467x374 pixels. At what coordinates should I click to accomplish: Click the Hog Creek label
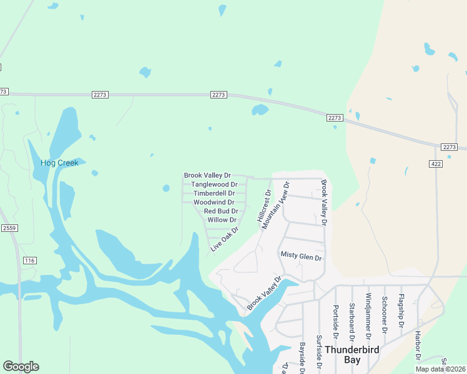pyautogui.click(x=59, y=163)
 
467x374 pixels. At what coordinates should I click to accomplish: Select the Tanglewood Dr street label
pyautogui.click(x=214, y=185)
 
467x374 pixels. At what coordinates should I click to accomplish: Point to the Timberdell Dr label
pyautogui.click(x=214, y=193)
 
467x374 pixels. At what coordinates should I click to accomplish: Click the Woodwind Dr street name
pyautogui.click(x=214, y=202)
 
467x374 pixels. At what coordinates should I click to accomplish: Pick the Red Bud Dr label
pyautogui.click(x=220, y=211)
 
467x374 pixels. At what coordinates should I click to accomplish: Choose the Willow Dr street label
pyautogui.click(x=222, y=220)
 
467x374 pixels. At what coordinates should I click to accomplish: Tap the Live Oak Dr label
pyautogui.click(x=225, y=239)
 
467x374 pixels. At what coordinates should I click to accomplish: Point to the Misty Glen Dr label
pyautogui.click(x=301, y=256)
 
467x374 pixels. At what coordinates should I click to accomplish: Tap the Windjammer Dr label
pyautogui.click(x=368, y=314)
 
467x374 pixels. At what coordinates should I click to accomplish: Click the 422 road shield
pyautogui.click(x=435, y=163)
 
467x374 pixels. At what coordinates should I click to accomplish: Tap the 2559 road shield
pyautogui.click(x=9, y=228)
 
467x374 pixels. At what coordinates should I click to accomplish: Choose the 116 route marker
pyautogui.click(x=29, y=260)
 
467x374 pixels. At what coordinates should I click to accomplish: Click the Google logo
pyautogui.click(x=21, y=367)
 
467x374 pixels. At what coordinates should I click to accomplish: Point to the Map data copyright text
pyautogui.click(x=440, y=369)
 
